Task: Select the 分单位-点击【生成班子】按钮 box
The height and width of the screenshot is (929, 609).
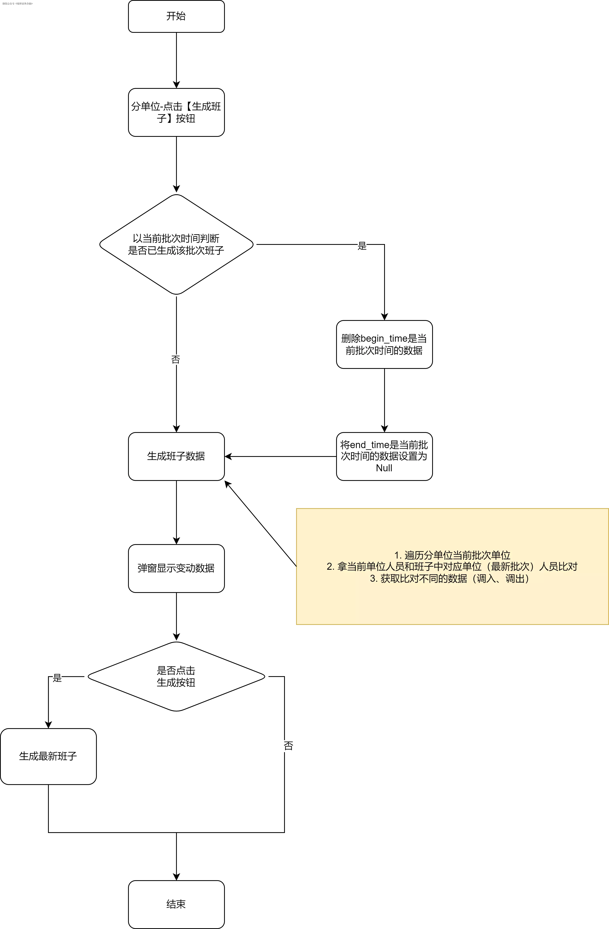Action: coord(176,112)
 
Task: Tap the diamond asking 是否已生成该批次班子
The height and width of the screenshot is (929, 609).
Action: coord(176,244)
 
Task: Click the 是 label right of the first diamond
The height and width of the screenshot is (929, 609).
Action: coord(362,246)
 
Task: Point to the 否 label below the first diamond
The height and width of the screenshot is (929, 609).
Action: coord(176,359)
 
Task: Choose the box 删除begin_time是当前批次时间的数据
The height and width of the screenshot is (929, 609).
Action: coord(384,344)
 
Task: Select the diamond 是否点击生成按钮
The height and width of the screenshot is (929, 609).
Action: coord(176,677)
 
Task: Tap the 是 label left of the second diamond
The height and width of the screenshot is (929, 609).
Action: coord(57,678)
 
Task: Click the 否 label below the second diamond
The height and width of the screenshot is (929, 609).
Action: coord(288,746)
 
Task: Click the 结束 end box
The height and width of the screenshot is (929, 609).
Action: coord(176,904)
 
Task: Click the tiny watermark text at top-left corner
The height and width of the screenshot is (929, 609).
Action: coord(17,3)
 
